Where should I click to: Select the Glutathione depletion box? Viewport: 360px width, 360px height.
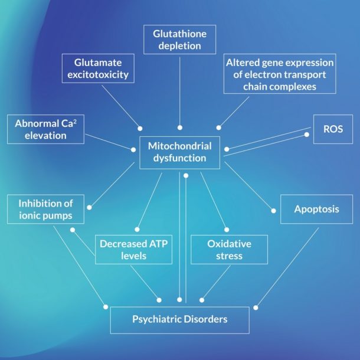tap(179, 40)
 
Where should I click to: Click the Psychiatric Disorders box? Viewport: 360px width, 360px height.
tap(179, 319)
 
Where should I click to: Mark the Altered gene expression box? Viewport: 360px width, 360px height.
tap(280, 74)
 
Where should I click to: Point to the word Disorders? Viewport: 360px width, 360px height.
tap(204, 319)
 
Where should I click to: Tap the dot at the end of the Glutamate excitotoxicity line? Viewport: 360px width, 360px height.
tap(140, 127)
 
